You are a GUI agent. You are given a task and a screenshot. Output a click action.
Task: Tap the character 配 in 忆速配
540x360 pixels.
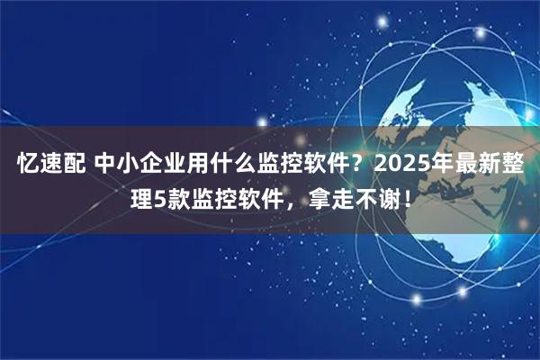[76, 166]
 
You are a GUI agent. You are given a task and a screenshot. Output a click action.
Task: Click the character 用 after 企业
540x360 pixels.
[212, 166]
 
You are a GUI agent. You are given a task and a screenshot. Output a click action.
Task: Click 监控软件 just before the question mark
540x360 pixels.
[317, 166]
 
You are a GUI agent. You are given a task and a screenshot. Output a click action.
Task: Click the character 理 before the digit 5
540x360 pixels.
[143, 196]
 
